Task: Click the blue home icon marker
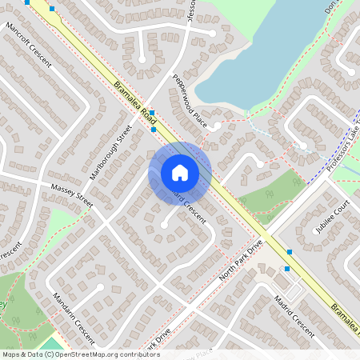point(180,172)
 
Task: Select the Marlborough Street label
point(111,152)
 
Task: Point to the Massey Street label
point(72,197)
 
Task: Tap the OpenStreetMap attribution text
point(80,354)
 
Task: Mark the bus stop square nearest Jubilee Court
point(290,251)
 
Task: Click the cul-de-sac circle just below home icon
point(164,226)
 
